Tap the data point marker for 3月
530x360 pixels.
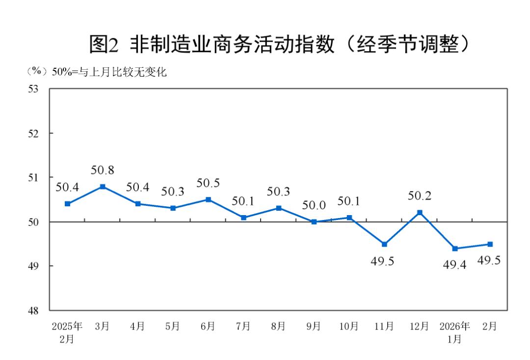(103, 187)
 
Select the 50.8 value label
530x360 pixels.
(103, 171)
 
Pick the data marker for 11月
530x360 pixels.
(384, 244)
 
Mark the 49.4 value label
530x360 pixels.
(454, 265)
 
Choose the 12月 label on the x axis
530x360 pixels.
(419, 327)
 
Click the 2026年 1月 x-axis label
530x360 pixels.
(454, 332)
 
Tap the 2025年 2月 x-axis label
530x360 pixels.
(67, 332)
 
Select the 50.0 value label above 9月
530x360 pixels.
(314, 206)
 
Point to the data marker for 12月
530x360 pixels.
(420, 213)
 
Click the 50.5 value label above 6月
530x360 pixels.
(208, 183)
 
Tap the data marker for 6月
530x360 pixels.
(208, 199)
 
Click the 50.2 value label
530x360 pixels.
(420, 196)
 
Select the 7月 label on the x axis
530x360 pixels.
(243, 327)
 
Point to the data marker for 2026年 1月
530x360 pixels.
(455, 249)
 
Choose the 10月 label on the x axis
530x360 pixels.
(349, 327)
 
